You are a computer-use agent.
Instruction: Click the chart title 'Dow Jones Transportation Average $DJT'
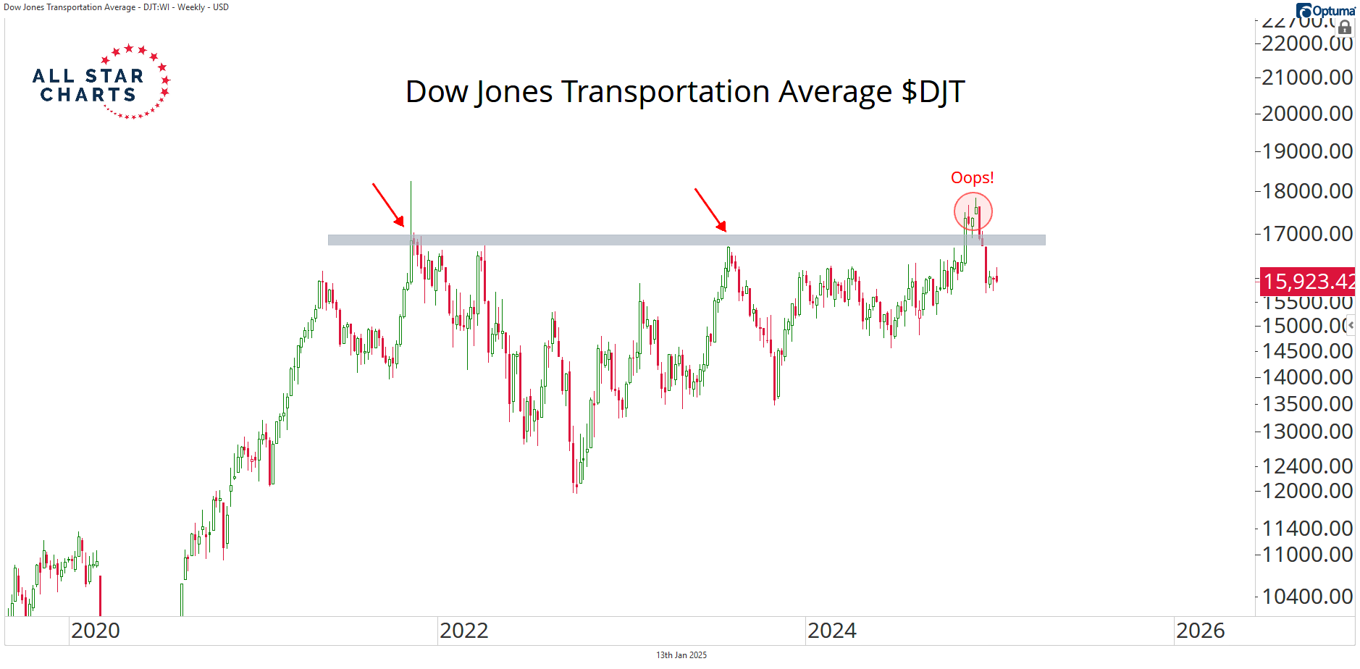[x=684, y=92]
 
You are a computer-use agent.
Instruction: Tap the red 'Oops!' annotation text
[x=972, y=178]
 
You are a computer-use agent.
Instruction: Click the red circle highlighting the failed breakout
[x=973, y=212]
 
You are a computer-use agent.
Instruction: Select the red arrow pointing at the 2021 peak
[x=388, y=204]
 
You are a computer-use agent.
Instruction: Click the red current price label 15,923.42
[x=1308, y=281]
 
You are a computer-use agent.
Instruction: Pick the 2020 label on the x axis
[x=96, y=631]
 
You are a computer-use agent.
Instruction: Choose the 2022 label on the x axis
[x=463, y=631]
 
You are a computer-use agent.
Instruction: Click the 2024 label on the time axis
[x=831, y=631]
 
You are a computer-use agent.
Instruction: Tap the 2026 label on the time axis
[x=1200, y=631]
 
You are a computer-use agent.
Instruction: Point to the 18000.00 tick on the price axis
[x=1306, y=191]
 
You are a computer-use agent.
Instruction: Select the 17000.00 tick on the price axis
[x=1306, y=234]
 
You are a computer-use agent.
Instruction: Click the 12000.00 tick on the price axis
[x=1306, y=491]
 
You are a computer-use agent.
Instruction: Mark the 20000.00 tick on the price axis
[x=1306, y=114]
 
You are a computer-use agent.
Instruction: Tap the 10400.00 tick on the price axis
[x=1306, y=597]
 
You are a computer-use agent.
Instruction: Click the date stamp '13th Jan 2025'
[x=681, y=655]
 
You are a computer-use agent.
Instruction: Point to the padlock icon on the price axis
[x=1344, y=28]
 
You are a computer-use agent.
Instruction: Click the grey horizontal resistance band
[x=686, y=240]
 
